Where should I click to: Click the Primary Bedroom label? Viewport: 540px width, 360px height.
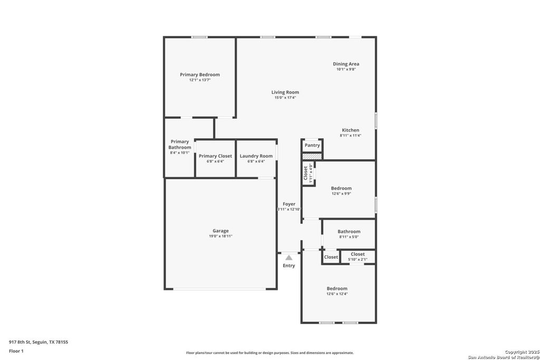tap(199, 75)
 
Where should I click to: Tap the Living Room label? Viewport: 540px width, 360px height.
tap(285, 92)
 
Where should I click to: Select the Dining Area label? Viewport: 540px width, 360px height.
tap(346, 64)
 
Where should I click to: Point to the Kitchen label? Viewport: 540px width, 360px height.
tap(351, 130)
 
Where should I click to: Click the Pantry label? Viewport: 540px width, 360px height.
tap(312, 145)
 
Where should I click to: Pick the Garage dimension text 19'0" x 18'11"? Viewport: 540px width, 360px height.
tap(220, 236)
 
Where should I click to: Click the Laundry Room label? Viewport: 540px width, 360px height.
tap(256, 156)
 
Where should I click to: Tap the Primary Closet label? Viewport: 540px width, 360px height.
tap(215, 156)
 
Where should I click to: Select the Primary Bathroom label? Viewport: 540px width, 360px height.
tap(180, 144)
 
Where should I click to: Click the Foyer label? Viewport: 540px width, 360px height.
tap(289, 204)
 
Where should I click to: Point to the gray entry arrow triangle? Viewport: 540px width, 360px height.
tap(288, 258)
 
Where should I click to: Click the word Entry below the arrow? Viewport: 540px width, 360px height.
tap(289, 266)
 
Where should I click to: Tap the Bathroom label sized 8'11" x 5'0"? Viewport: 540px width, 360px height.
tap(349, 231)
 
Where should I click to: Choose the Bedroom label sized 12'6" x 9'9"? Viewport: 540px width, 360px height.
tap(341, 188)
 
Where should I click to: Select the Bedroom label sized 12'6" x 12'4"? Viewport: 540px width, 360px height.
tap(337, 288)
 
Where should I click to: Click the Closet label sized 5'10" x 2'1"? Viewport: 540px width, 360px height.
tap(358, 254)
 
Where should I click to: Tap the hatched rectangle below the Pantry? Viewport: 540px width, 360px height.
tap(312, 157)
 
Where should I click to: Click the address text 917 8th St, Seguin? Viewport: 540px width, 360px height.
tap(38, 342)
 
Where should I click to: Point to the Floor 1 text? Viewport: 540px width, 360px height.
tap(16, 351)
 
